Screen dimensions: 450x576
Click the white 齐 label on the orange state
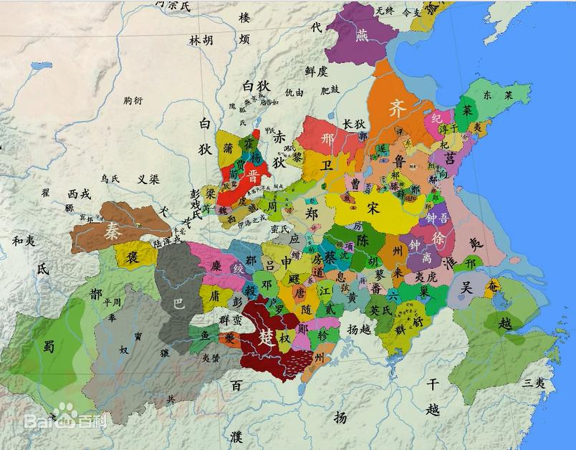tap(397, 108)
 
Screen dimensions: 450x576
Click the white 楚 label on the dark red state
tap(267, 337)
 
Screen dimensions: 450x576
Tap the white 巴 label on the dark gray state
tap(179, 303)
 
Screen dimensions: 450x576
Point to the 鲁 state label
tap(399, 162)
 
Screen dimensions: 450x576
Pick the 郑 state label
tap(312, 213)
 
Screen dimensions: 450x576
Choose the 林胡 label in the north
tap(201, 41)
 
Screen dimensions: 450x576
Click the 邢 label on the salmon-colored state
tap(329, 138)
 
